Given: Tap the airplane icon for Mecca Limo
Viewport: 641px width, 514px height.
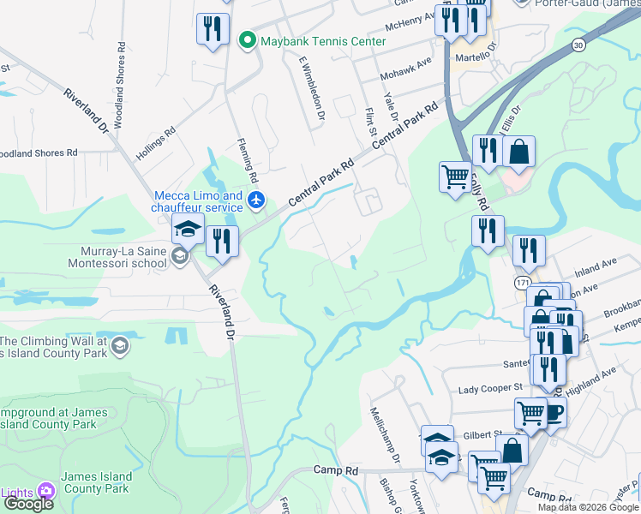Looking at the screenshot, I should (256, 200).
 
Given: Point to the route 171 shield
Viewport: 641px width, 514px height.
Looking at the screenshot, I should (523, 281).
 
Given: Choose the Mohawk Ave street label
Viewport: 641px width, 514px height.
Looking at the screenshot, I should (407, 66).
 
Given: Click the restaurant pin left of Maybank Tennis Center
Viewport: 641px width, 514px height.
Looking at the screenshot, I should (210, 30).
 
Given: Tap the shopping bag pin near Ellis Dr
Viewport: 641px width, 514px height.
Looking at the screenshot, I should (518, 152).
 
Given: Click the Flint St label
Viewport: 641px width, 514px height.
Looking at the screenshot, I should (372, 122).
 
